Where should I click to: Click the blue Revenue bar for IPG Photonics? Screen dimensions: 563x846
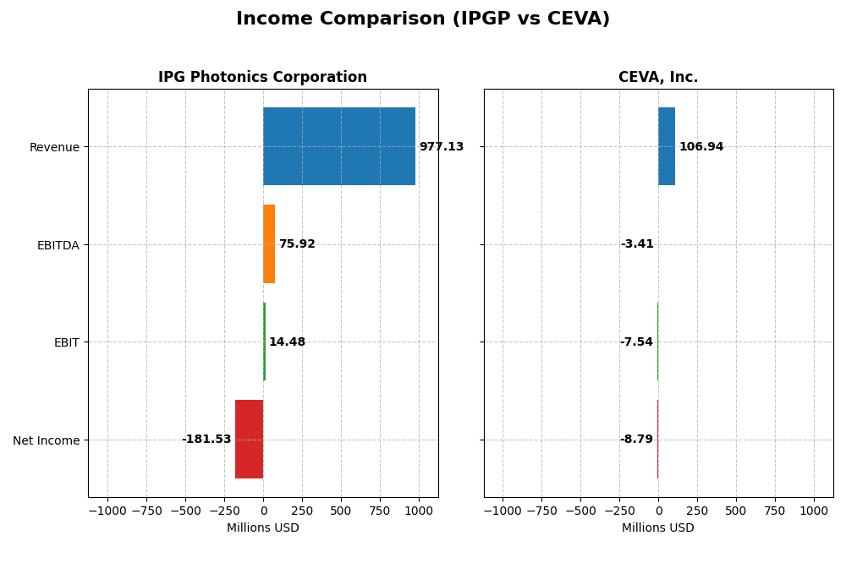point(338,146)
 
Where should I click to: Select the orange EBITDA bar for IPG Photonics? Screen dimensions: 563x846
point(269,243)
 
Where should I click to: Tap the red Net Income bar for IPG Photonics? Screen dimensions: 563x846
point(249,439)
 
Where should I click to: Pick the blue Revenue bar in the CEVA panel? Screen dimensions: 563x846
point(667,146)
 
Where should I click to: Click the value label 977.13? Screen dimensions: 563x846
point(442,147)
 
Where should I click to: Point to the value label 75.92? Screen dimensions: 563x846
point(297,244)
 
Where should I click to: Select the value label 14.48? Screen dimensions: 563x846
point(287,342)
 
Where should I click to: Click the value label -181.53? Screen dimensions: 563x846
point(206,440)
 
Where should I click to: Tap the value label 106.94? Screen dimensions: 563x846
point(701,147)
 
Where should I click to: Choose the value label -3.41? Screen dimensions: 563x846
point(637,244)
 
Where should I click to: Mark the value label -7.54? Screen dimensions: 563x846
point(636,342)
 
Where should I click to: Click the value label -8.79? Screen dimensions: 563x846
point(636,440)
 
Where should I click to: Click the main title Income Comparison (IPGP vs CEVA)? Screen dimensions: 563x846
point(423,19)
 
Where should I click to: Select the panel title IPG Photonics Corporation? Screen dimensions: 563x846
point(262,78)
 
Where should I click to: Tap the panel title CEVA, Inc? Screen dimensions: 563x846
point(658,78)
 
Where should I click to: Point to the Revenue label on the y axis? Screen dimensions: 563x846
point(54,147)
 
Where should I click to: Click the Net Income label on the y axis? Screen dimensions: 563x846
point(46,440)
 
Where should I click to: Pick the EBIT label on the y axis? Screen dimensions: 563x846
point(66,342)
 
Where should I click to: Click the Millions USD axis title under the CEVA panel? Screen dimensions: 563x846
point(658,528)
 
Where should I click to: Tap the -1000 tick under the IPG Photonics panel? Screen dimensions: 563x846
point(107,511)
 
